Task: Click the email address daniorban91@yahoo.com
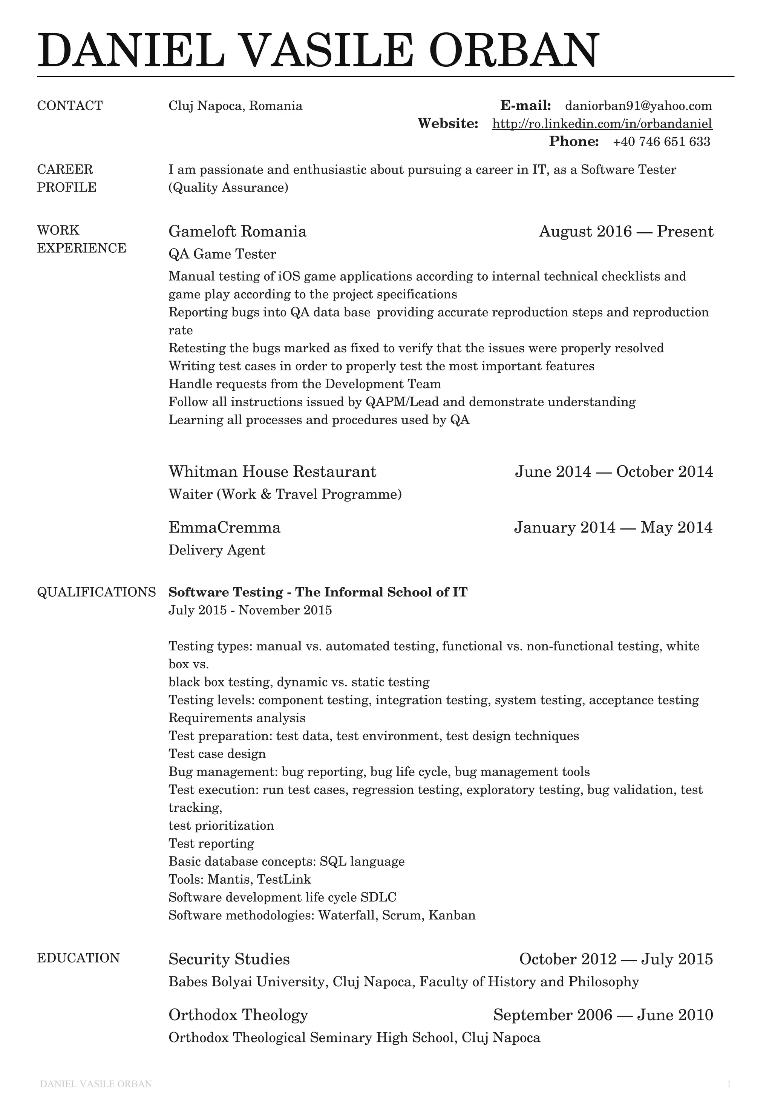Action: [x=638, y=106]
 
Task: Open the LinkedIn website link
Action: [x=602, y=124]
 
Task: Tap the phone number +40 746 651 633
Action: [x=661, y=141]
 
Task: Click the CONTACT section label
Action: [x=70, y=106]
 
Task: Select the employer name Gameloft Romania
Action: [x=237, y=231]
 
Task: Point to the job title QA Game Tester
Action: [x=222, y=254]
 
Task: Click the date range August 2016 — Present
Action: [x=626, y=231]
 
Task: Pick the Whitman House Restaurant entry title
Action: [x=272, y=472]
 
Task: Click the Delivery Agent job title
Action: [x=217, y=550]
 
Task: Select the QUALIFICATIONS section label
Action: [x=96, y=592]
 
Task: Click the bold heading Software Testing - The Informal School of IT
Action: [x=318, y=592]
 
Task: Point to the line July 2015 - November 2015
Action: [x=250, y=610]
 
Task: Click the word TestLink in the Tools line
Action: [x=284, y=879]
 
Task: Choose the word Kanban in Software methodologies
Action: [x=452, y=915]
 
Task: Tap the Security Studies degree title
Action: [x=229, y=959]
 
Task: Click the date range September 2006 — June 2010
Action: [x=603, y=1015]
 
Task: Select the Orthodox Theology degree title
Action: [x=238, y=1015]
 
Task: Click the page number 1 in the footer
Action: [x=729, y=1084]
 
